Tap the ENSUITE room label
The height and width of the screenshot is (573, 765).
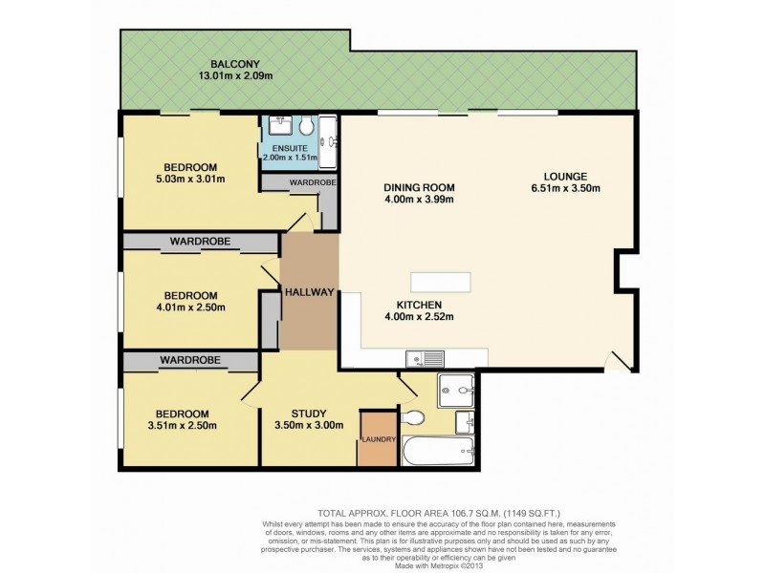point(289,149)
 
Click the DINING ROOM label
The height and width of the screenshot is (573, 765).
point(418,187)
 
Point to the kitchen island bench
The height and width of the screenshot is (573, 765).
point(441,283)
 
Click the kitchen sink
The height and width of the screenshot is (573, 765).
point(425,359)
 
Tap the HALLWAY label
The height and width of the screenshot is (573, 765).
point(309,293)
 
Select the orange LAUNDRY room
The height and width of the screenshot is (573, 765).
point(378,439)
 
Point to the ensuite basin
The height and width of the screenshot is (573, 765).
point(281,125)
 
